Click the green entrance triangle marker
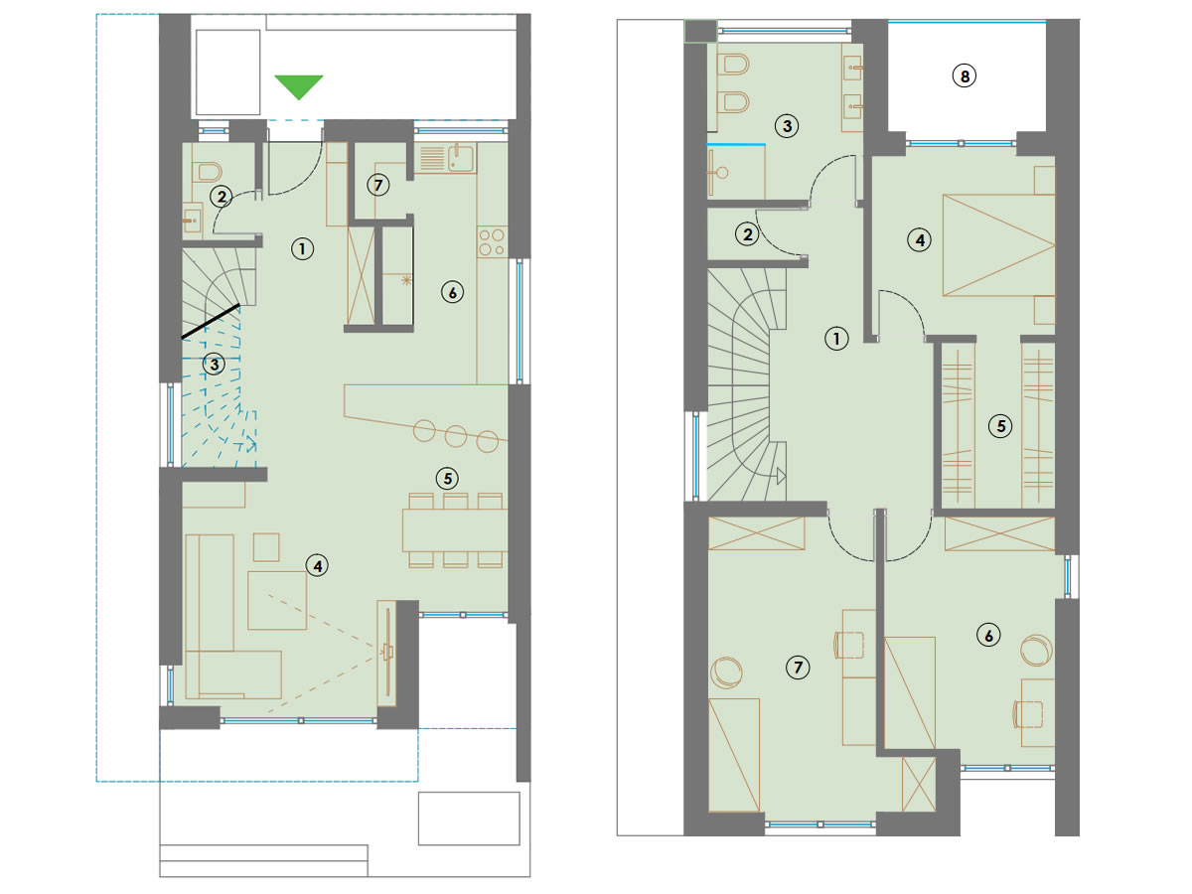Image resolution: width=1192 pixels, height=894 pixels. [299, 86]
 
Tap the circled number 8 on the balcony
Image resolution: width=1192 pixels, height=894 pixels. [965, 76]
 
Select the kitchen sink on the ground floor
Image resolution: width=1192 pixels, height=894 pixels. [460, 158]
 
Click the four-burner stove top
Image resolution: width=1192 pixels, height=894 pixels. [492, 242]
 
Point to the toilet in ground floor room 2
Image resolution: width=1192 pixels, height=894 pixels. [208, 172]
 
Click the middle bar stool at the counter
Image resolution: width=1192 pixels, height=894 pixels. [456, 436]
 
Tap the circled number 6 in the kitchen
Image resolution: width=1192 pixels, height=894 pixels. [452, 293]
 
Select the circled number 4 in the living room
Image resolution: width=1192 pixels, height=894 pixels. [317, 566]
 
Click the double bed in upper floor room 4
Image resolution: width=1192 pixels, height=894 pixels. [998, 245]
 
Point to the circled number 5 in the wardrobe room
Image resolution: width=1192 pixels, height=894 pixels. [1000, 426]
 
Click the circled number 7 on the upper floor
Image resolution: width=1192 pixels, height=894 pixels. [798, 668]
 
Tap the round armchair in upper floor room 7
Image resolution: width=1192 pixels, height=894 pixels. [726, 672]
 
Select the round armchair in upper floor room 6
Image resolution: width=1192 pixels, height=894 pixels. [1036, 651]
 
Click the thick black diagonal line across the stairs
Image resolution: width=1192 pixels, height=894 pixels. [211, 322]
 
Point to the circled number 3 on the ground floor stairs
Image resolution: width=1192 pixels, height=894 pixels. [214, 365]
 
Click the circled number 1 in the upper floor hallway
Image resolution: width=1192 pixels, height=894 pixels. [836, 339]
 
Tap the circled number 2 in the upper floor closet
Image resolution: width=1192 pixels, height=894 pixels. [747, 234]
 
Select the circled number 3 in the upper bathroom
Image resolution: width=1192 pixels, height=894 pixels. [787, 126]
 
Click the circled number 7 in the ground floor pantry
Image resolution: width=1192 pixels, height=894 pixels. [378, 185]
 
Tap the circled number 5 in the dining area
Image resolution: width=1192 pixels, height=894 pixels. [447, 478]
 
